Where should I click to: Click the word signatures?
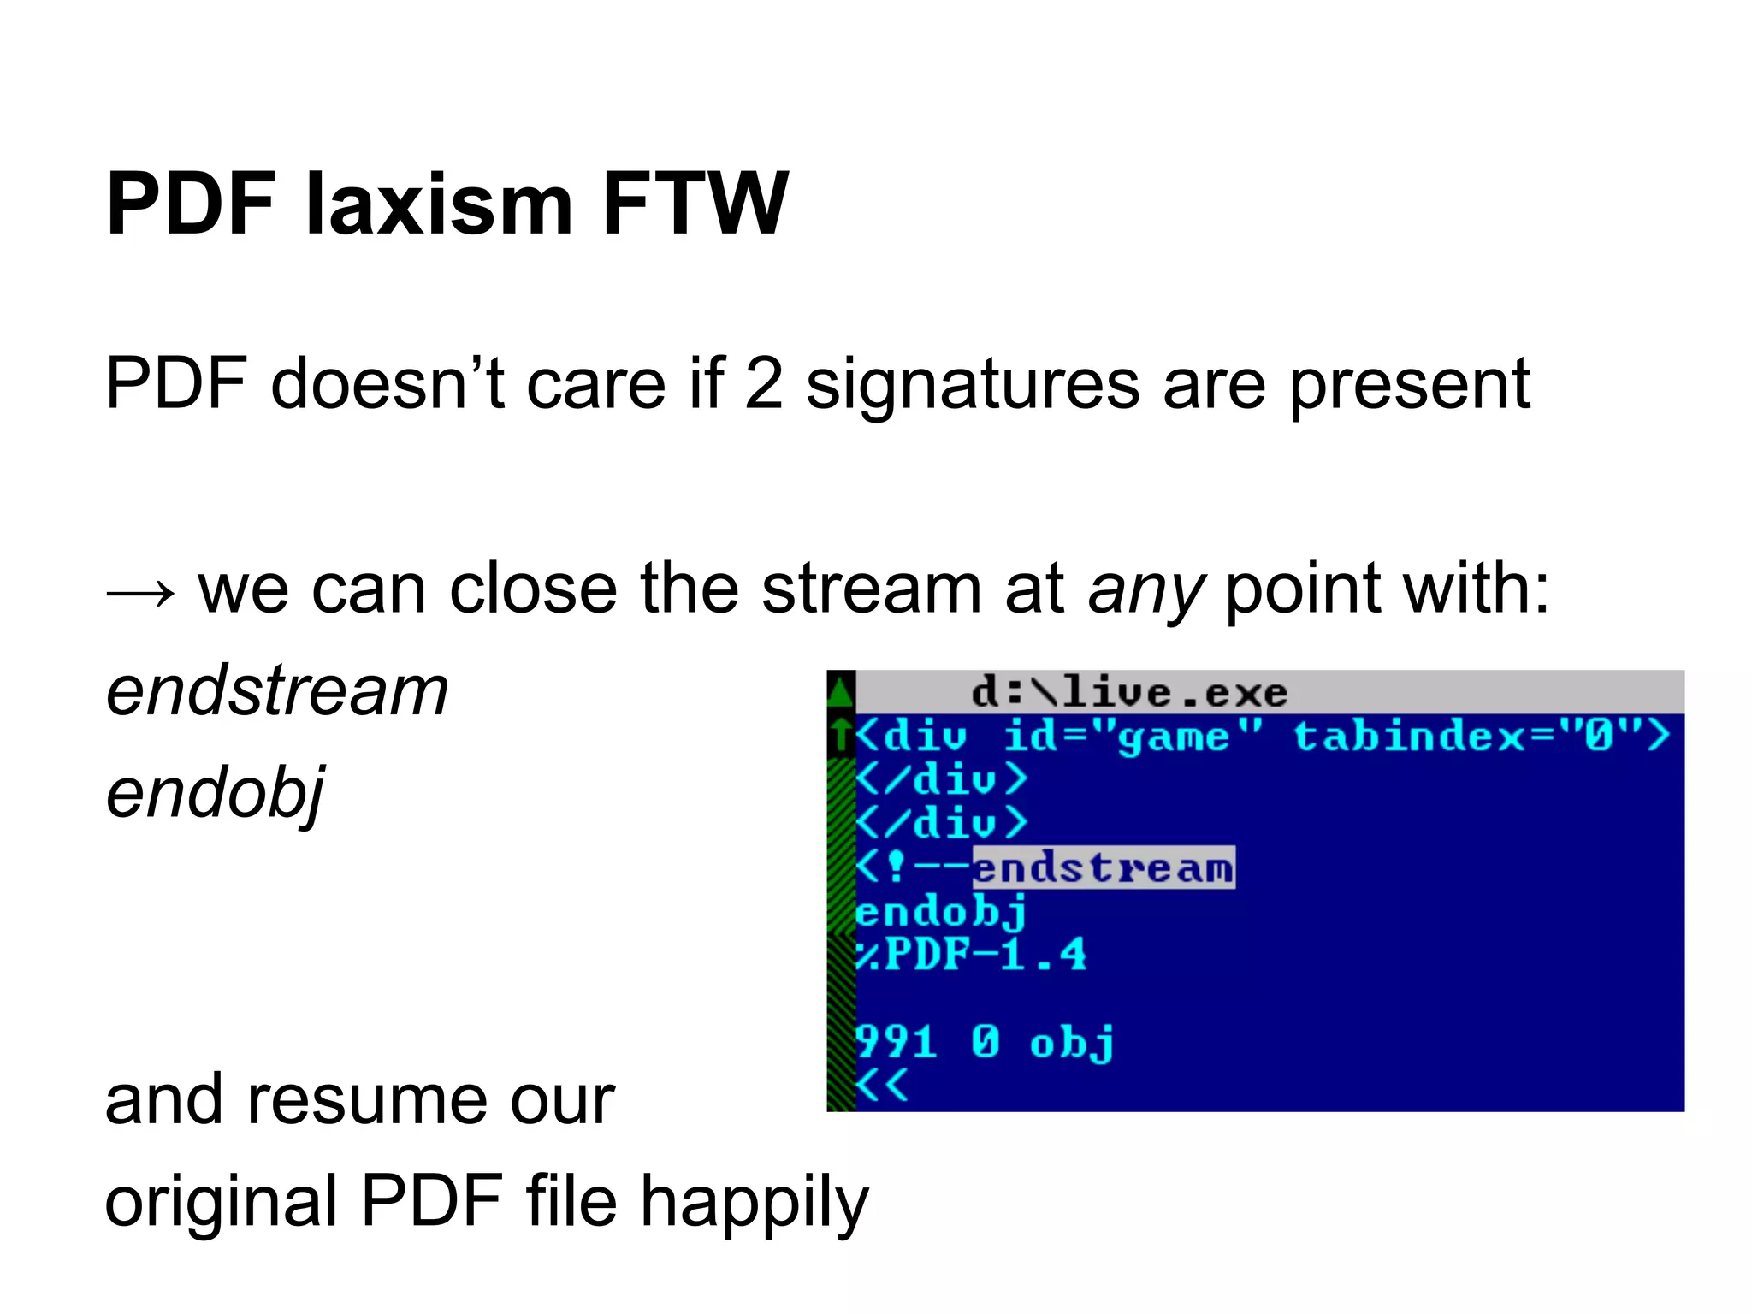(973, 385)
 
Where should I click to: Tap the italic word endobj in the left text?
(215, 794)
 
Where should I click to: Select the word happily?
(754, 1203)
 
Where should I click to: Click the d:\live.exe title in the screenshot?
(1129, 692)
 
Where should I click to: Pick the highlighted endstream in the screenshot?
(1104, 867)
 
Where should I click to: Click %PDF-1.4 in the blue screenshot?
(972, 955)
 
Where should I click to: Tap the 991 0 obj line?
(985, 1042)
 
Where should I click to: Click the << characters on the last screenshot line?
(882, 1086)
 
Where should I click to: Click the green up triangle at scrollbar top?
(841, 690)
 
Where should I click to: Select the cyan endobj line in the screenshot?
(941, 912)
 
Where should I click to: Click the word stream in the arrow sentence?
(871, 589)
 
